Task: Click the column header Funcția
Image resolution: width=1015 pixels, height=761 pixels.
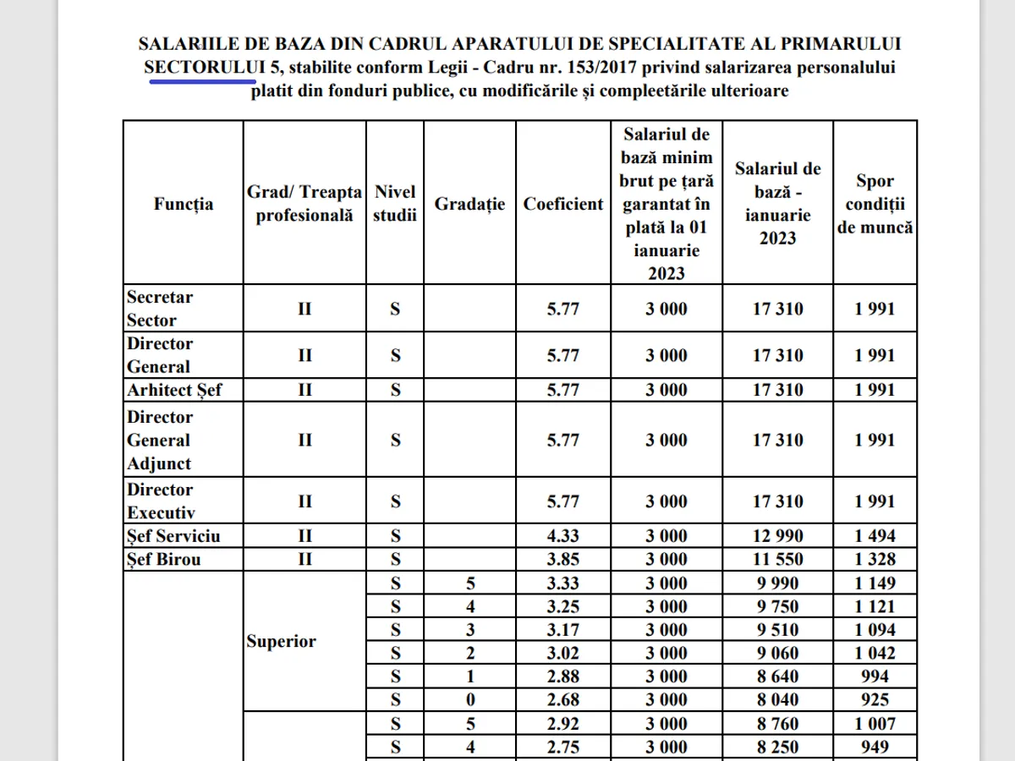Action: pos(184,204)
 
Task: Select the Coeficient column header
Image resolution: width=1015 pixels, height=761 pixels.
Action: pos(563,204)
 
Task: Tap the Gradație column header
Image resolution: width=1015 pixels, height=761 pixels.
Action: pos(469,204)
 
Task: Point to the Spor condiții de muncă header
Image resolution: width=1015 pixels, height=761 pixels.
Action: pos(875,204)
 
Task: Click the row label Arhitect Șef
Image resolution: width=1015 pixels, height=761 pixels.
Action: pos(173,390)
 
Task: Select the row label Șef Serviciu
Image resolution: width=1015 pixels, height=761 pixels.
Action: pos(173,535)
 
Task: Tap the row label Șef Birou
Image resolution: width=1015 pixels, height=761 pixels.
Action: pos(164,559)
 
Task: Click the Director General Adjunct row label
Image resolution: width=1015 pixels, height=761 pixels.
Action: pos(160,441)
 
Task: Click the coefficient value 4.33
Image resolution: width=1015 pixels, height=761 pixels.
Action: pos(563,535)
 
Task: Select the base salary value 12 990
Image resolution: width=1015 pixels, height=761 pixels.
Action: pos(778,535)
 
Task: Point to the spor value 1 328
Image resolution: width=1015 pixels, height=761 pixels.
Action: pos(875,559)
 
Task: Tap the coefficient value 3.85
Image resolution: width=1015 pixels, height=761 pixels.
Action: pos(563,559)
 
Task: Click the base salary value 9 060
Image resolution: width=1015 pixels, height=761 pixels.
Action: pos(778,653)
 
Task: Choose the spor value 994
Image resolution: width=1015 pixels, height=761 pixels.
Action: pos(875,676)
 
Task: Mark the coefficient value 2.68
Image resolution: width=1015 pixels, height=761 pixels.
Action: pos(563,700)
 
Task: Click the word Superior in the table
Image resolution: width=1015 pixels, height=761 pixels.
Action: pos(282,641)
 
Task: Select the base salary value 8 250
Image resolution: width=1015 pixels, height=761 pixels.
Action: pos(778,747)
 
